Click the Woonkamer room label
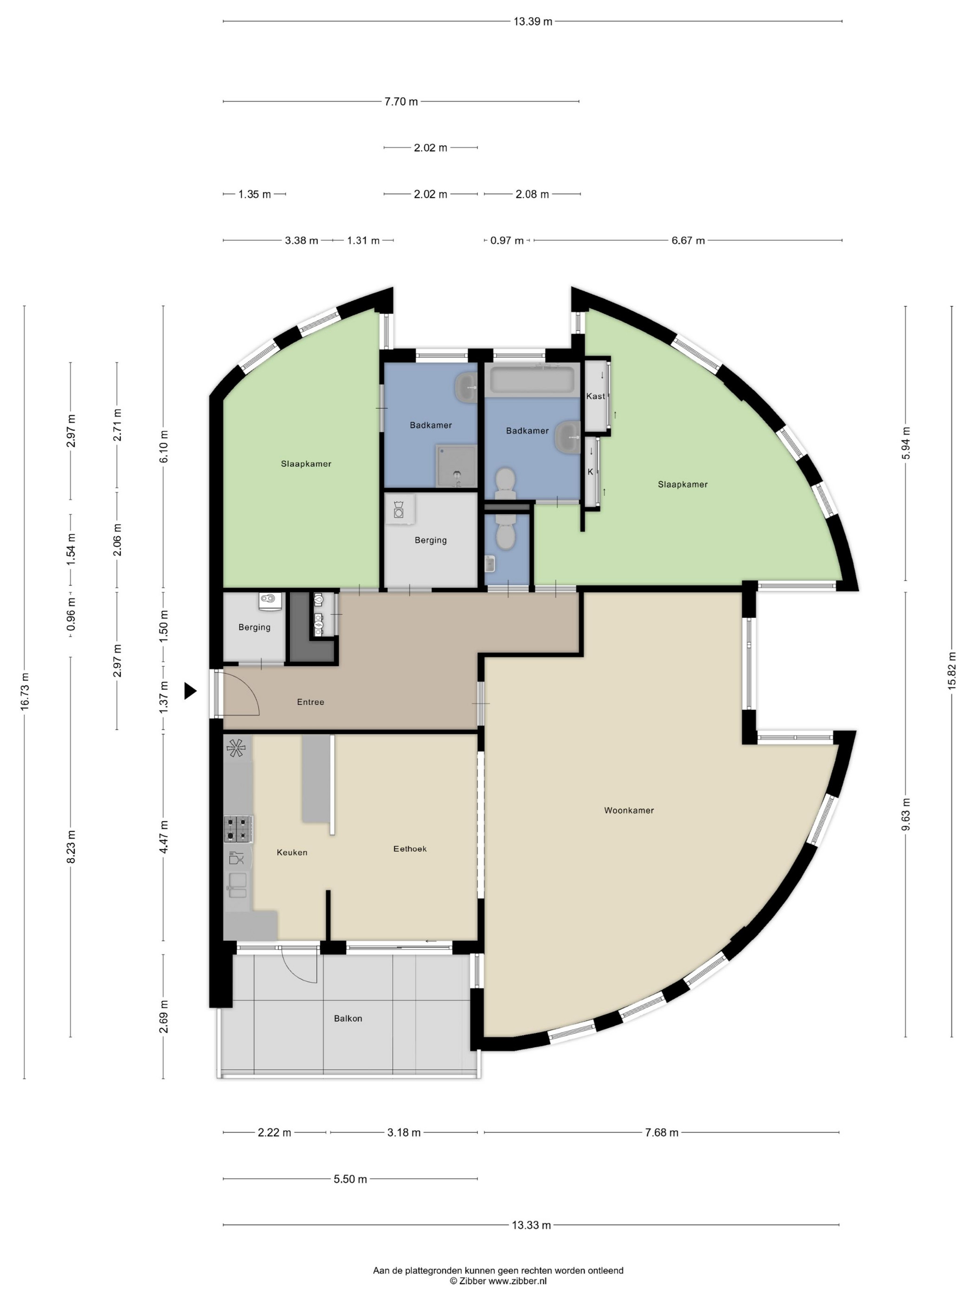[x=629, y=810]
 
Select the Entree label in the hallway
[x=310, y=702]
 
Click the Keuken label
[x=292, y=852]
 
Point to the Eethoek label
[x=410, y=849]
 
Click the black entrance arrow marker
[x=190, y=690]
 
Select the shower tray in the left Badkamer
[x=456, y=466]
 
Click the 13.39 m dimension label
[x=533, y=22]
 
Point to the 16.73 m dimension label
[x=25, y=692]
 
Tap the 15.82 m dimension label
[x=952, y=671]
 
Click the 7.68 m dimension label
[x=662, y=1133]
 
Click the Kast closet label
[x=595, y=396]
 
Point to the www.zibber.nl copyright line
[x=498, y=1281]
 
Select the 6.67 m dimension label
[x=688, y=241]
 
